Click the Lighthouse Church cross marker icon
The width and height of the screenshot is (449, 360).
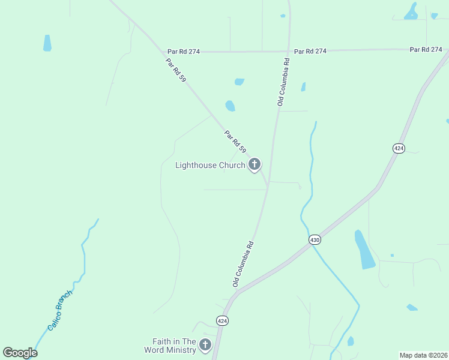pyautogui.click(x=254, y=164)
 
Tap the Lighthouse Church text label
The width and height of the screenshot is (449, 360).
pyautogui.click(x=210, y=165)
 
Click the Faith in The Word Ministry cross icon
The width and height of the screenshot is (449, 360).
pyautogui.click(x=205, y=344)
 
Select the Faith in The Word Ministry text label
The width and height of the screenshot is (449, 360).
pyautogui.click(x=170, y=345)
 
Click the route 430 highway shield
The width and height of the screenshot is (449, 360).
pyautogui.click(x=315, y=239)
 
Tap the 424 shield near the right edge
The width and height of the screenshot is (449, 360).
pyautogui.click(x=398, y=148)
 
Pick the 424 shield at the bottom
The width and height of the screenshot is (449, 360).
pyautogui.click(x=222, y=321)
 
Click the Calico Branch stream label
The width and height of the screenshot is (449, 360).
pyautogui.click(x=59, y=310)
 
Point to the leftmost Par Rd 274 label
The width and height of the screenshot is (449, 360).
pyautogui.click(x=184, y=52)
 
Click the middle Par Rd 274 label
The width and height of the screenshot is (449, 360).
pyautogui.click(x=310, y=51)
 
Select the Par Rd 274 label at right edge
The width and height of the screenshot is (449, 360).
pyautogui.click(x=426, y=49)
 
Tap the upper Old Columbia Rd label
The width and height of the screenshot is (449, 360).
pyautogui.click(x=283, y=82)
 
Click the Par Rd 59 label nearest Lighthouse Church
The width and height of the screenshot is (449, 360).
pyautogui.click(x=235, y=142)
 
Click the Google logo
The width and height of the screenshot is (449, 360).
pyautogui.click(x=20, y=353)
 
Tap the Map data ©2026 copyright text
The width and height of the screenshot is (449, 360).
pyautogui.click(x=423, y=355)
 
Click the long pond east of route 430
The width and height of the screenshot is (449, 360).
pyautogui.click(x=364, y=250)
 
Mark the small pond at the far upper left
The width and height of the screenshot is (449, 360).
pyautogui.click(x=47, y=43)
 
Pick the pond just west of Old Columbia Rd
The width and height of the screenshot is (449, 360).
pyautogui.click(x=230, y=106)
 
